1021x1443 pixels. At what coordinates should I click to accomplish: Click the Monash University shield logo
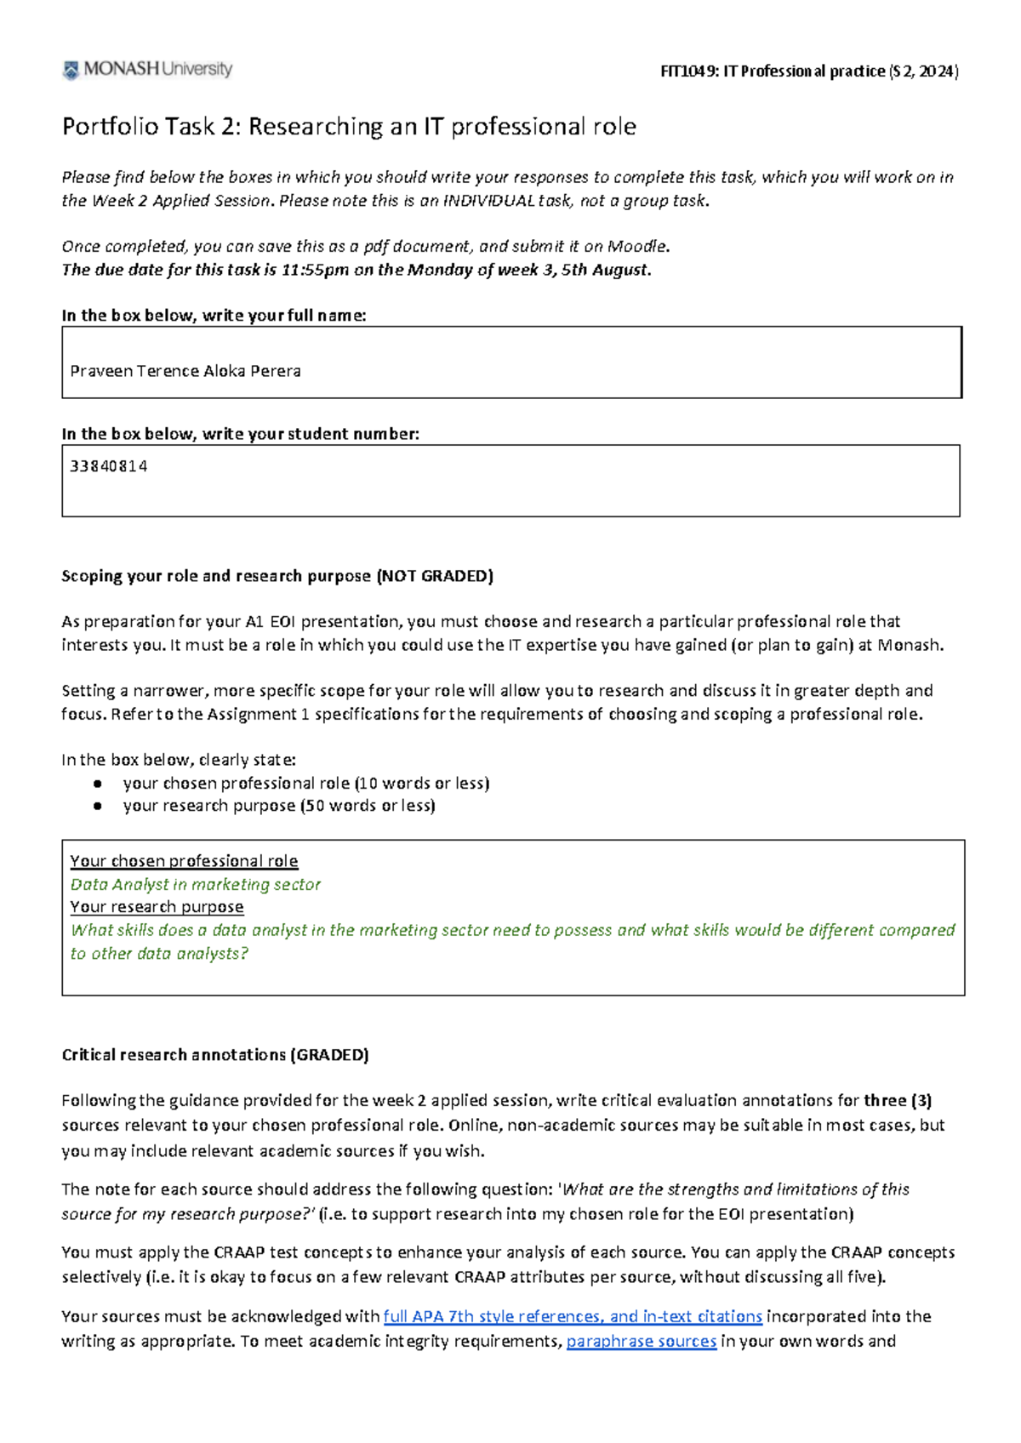click(x=71, y=70)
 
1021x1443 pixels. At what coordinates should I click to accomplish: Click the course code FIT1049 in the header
click(x=687, y=71)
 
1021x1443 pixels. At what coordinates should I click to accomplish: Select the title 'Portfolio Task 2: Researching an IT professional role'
click(x=349, y=127)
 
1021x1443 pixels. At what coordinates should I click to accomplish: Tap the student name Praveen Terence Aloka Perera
click(x=185, y=371)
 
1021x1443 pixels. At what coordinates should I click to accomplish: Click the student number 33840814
click(x=109, y=466)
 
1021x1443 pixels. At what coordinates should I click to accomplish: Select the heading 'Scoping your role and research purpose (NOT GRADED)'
click(x=277, y=576)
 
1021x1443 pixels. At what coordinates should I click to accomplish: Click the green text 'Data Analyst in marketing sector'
click(x=196, y=885)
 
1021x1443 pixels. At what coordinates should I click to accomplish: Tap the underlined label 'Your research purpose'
click(x=157, y=907)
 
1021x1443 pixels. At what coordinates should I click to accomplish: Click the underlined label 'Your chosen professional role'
click(x=184, y=861)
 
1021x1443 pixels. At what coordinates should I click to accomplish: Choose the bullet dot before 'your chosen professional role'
click(x=98, y=784)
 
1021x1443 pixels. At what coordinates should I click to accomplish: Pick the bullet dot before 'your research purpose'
click(x=98, y=806)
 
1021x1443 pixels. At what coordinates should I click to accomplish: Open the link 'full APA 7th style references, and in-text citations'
click(x=573, y=1316)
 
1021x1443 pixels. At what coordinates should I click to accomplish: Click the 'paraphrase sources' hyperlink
click(x=642, y=1342)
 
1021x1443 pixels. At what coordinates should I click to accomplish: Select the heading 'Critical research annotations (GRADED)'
click(x=215, y=1055)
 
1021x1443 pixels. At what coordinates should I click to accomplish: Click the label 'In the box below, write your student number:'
click(x=240, y=434)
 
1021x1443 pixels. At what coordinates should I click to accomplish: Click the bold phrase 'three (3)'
click(x=898, y=1101)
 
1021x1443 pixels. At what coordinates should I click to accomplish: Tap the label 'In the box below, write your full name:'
click(x=214, y=316)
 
